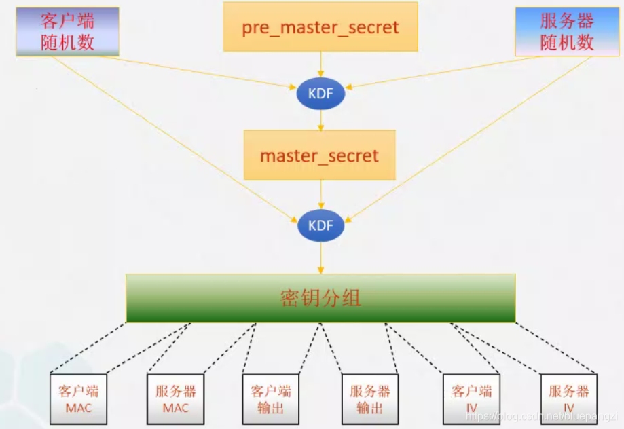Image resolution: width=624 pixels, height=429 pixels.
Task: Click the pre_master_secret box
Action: pyautogui.click(x=320, y=27)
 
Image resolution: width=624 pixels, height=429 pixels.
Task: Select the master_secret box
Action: pyautogui.click(x=319, y=155)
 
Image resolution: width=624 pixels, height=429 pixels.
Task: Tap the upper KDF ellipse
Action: pyautogui.click(x=320, y=94)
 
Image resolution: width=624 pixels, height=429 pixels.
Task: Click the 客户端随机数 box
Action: pyautogui.click(x=67, y=31)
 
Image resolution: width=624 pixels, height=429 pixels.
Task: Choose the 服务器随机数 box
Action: pyautogui.click(x=567, y=31)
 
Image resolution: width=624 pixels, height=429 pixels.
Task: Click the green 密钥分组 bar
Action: pyautogui.click(x=320, y=298)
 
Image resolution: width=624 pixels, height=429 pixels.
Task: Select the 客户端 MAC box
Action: pyautogui.click(x=78, y=399)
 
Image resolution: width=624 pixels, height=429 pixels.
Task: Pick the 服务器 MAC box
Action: pyautogui.click(x=176, y=399)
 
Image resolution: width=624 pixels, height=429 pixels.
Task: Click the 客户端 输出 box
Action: pyautogui.click(x=271, y=399)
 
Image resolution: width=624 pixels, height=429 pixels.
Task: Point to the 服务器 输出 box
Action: pyautogui.click(x=370, y=399)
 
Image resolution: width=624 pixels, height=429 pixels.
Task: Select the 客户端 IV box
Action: pyautogui.click(x=471, y=399)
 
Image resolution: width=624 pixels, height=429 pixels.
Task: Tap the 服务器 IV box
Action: pyautogui.click(x=569, y=399)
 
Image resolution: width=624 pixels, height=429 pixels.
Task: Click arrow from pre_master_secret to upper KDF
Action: pyautogui.click(x=320, y=65)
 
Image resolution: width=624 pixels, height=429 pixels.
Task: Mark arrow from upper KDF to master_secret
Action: pyautogui.click(x=320, y=120)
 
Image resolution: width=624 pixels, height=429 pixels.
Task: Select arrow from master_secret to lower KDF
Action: pyautogui.click(x=320, y=195)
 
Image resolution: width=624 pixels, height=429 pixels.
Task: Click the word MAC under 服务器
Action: pyautogui.click(x=176, y=408)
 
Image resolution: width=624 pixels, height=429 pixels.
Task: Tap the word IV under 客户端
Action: pyautogui.click(x=471, y=408)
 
